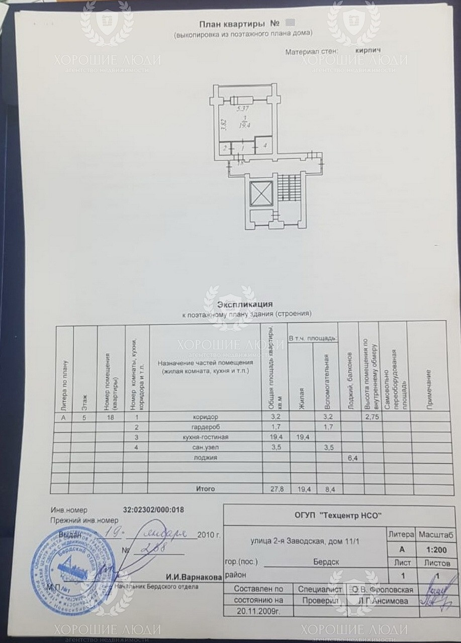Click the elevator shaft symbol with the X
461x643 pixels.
261,193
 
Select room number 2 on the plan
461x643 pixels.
225,148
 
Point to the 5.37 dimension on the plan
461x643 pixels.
243,108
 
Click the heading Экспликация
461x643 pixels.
245,304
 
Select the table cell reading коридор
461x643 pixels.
205,417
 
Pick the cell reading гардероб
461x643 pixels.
205,427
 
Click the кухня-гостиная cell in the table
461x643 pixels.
205,437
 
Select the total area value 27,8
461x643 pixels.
275,489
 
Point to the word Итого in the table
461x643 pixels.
205,489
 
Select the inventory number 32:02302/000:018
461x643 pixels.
153,509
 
